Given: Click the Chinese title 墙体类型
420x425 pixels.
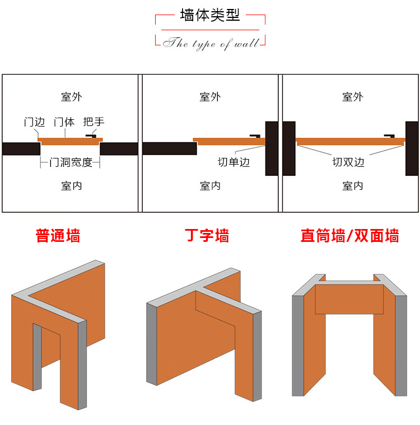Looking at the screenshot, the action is coord(210,15).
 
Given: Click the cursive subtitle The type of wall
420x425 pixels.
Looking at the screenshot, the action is coord(211,43).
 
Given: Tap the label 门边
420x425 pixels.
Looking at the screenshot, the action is coord(34,122).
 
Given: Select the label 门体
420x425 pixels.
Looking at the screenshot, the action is coord(64,122).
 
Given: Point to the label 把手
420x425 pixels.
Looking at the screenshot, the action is coord(94,122).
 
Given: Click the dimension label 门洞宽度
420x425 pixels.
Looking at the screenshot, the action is coord(71,162).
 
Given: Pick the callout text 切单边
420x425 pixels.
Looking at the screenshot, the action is coord(234,162).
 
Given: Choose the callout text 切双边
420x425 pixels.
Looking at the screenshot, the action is coord(348,162).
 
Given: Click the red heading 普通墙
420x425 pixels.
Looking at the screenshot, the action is coord(58,235).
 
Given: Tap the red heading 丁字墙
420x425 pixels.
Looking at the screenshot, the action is coord(207,235).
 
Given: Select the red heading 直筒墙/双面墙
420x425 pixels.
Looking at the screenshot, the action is coord(350,235).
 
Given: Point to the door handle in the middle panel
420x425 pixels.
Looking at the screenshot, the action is coord(255,136).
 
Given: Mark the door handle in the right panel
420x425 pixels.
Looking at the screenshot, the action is coord(389,136).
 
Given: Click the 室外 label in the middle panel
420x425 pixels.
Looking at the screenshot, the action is coord(210,97).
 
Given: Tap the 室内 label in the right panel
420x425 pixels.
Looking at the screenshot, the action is coord(352,186).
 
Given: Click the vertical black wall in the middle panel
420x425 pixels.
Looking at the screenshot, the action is coord(272,148).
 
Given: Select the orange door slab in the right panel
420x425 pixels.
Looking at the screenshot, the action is coord(351,142).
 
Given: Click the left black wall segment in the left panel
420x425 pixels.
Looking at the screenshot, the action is coord(21,149).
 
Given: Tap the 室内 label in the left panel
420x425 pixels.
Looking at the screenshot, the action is coord(71,186).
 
